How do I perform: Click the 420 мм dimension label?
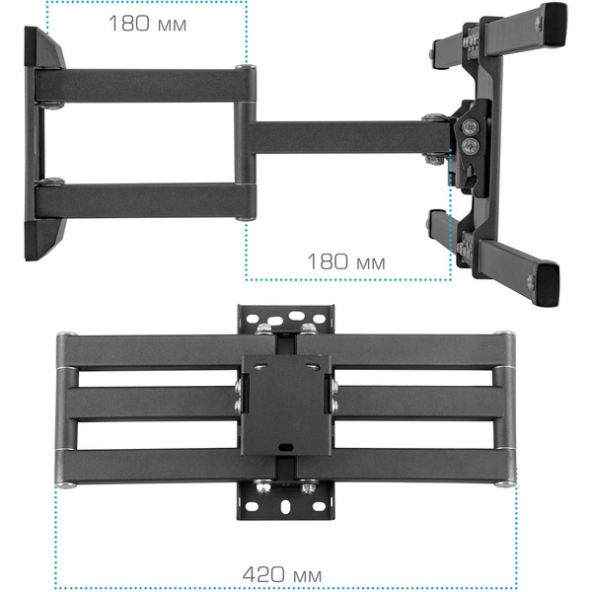pos(281,574)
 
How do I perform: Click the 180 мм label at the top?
pos(148,23)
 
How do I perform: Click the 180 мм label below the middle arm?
pos(346,261)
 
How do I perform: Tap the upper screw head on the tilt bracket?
pos(471,126)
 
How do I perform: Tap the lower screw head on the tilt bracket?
pos(470,145)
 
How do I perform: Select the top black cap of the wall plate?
pos(43,47)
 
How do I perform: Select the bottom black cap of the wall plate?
pos(42,240)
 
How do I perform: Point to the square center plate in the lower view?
pos(286,405)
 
